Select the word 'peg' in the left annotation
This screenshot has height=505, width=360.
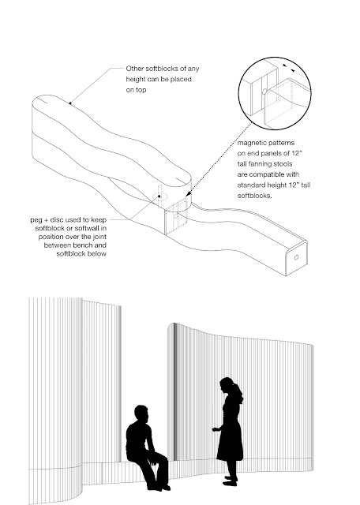click(36, 220)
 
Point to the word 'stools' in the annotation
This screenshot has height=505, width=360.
click(283, 164)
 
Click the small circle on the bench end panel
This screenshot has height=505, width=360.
click(297, 257)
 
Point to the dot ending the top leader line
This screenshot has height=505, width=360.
click(70, 103)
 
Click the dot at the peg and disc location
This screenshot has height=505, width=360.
click(159, 196)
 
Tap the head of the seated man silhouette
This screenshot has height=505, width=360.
click(142, 413)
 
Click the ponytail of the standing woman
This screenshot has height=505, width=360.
click(239, 394)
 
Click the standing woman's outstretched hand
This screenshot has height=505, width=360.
click(216, 429)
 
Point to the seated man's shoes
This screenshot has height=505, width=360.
click(159, 488)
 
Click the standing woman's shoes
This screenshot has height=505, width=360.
click(231, 481)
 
